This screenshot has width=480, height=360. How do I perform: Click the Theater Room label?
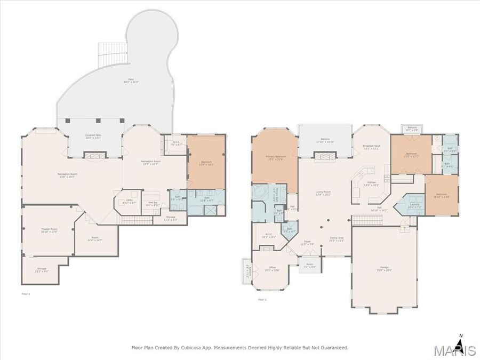click(x=49, y=230)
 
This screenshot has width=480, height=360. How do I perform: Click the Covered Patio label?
click(x=94, y=137)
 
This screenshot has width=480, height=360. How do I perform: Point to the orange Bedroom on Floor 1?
click(x=206, y=163)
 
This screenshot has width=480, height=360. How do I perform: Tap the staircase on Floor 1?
click(x=131, y=220)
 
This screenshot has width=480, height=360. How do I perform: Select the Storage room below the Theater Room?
click(x=42, y=270)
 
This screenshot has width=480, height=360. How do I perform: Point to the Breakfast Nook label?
click(x=371, y=147)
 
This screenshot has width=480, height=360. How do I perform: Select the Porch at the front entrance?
click(x=310, y=265)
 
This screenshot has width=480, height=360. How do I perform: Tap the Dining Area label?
click(x=337, y=239)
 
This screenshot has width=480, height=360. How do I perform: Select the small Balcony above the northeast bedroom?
click(x=412, y=129)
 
